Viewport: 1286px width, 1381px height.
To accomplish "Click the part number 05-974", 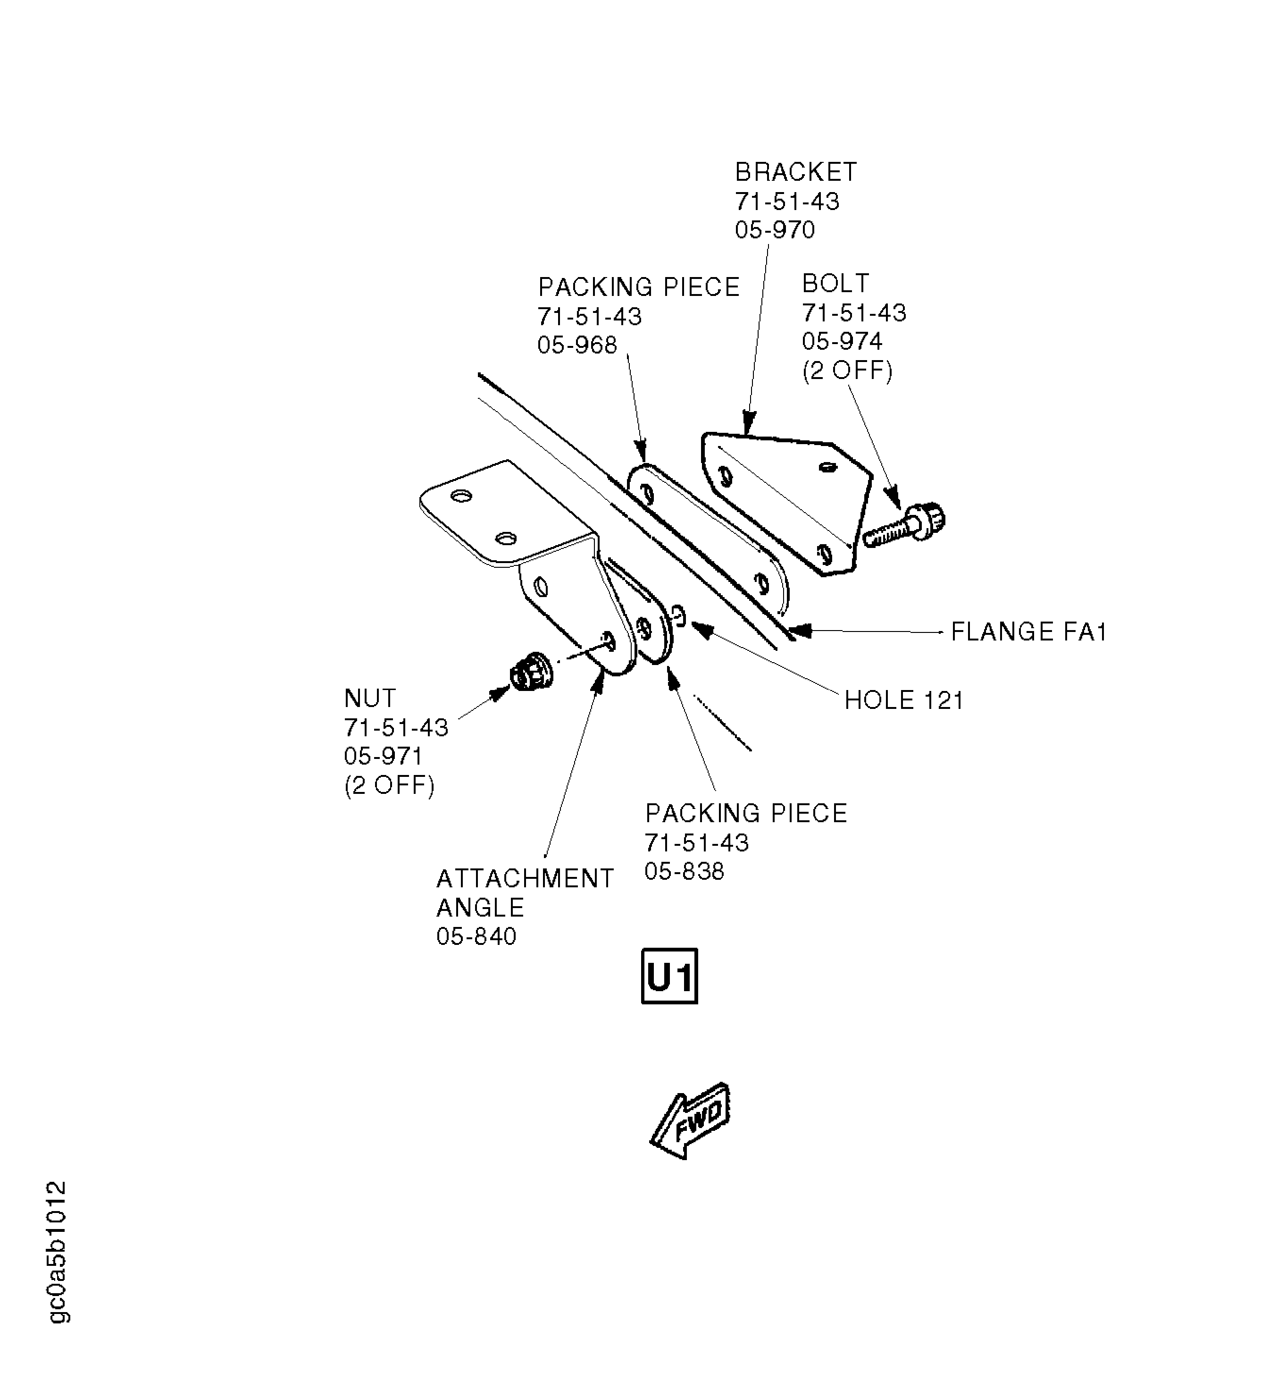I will coord(842,341).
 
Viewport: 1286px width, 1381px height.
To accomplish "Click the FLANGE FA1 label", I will coord(1028,632).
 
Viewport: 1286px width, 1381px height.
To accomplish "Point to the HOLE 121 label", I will coord(903,700).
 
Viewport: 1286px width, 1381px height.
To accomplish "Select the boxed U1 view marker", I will coord(668,976).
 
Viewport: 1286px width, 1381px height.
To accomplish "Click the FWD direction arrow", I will coord(690,1120).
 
